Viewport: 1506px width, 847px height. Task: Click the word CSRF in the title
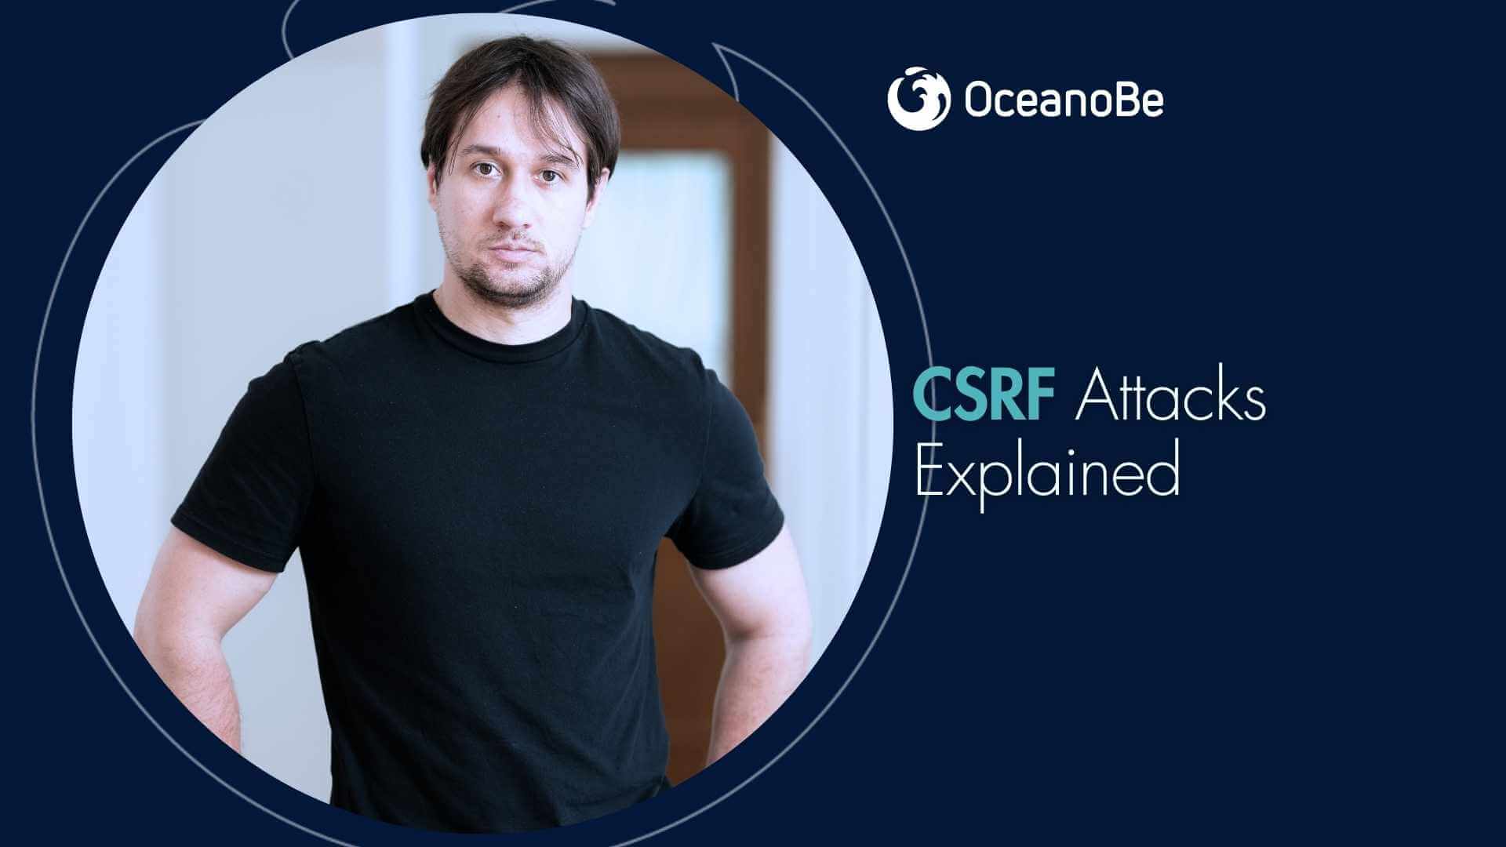(x=986, y=398)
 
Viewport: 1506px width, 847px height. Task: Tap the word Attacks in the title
(x=1170, y=398)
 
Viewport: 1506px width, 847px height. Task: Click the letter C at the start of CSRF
(x=933, y=398)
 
